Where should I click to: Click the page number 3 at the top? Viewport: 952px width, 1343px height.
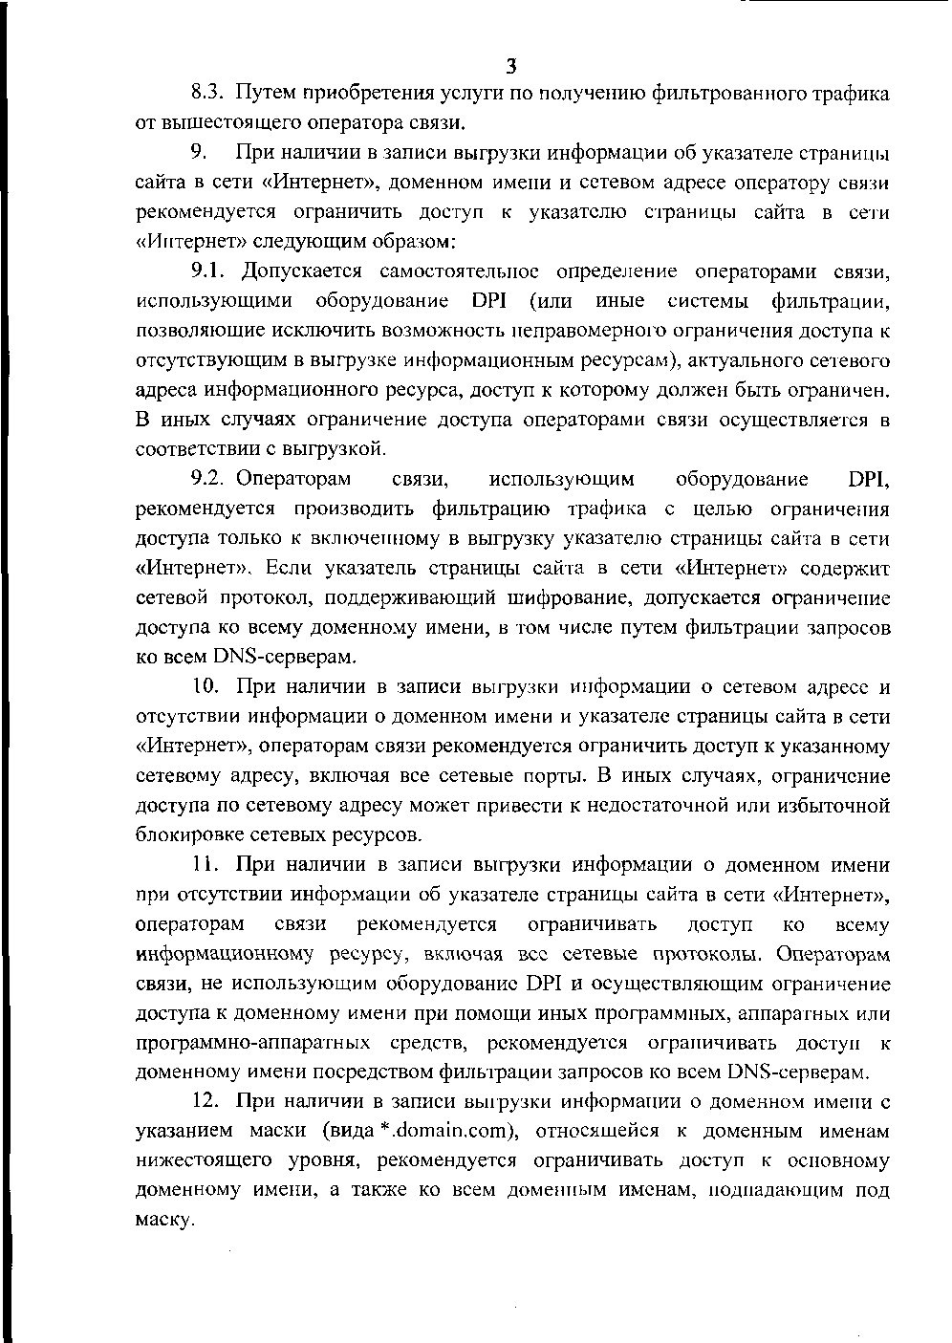pyautogui.click(x=511, y=66)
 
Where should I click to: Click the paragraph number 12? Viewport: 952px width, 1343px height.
pyautogui.click(x=206, y=1101)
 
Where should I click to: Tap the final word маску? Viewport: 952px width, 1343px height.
pyautogui.click(x=164, y=1221)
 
